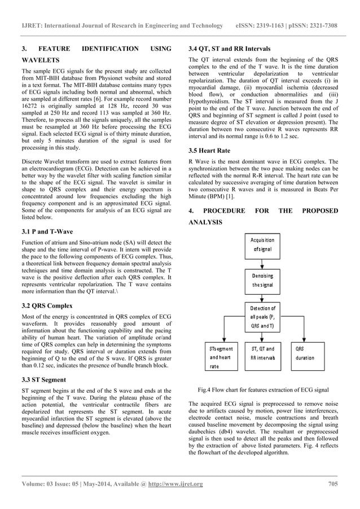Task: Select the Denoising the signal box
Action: click(x=262, y=280)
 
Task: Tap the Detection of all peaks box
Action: click(x=262, y=317)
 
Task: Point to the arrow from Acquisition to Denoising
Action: click(x=262, y=262)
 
